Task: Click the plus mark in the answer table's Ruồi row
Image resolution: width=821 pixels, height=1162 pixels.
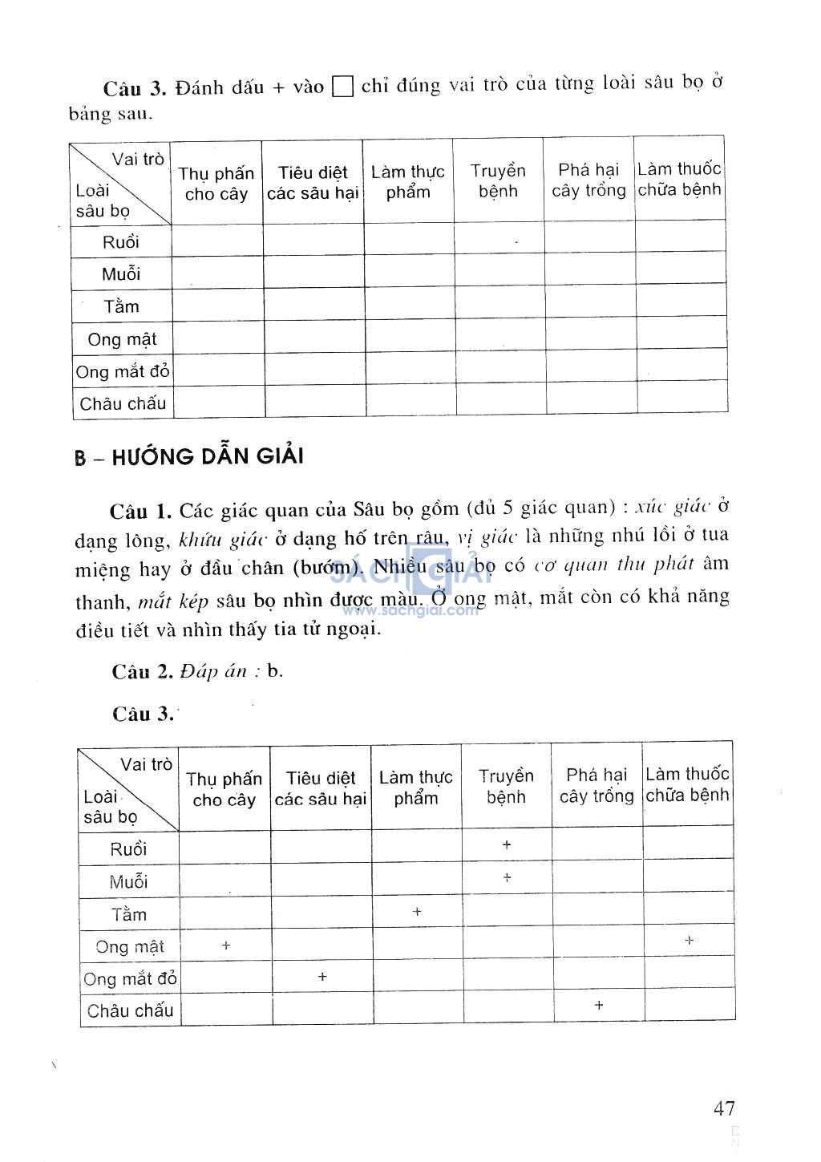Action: (507, 844)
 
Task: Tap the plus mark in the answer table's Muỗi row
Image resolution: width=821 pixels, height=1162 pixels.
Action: (507, 878)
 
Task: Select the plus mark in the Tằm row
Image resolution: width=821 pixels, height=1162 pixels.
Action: (417, 912)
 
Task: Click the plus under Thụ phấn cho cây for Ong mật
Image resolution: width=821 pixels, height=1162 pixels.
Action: (226, 946)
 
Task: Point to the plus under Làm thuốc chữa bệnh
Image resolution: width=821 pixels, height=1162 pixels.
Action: (690, 940)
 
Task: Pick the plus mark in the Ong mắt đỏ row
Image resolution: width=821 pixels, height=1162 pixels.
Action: (322, 977)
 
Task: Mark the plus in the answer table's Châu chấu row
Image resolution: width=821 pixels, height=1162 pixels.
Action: (599, 1005)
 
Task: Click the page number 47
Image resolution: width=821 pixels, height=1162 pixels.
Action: (723, 1108)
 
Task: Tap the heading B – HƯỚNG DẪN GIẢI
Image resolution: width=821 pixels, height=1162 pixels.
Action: (189, 457)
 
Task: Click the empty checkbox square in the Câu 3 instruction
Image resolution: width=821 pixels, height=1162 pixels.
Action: (342, 87)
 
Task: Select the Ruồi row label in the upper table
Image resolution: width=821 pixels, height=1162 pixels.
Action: (121, 241)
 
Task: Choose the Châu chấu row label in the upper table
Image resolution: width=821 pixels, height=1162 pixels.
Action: (123, 403)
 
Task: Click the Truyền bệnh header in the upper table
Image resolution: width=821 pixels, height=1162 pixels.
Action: (498, 181)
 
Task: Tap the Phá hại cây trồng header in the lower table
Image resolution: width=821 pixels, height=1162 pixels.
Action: (597, 786)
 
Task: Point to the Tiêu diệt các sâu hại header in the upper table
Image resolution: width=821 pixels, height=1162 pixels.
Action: (313, 183)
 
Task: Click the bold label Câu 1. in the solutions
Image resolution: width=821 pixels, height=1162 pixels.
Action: (141, 511)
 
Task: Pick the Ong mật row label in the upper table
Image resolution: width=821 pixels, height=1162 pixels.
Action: (122, 339)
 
